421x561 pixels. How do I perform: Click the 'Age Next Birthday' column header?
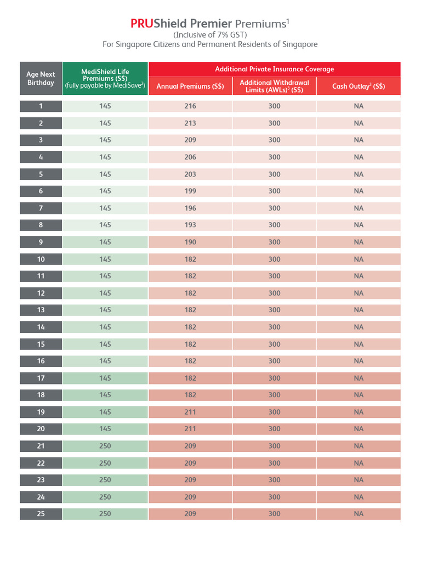pyautogui.click(x=41, y=78)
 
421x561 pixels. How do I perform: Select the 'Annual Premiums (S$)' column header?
pyautogui.click(x=190, y=86)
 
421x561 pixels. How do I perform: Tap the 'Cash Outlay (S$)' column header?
pyautogui.click(x=359, y=86)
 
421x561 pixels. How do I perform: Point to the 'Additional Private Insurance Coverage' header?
pyautogui.click(x=274, y=69)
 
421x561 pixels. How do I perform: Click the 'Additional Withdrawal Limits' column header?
pyautogui.click(x=275, y=86)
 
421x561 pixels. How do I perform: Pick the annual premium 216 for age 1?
pyautogui.click(x=190, y=106)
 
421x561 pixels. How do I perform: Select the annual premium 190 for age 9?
pyautogui.click(x=190, y=242)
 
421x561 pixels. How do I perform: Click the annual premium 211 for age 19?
pyautogui.click(x=190, y=412)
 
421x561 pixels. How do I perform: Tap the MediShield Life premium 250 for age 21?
pyautogui.click(x=105, y=446)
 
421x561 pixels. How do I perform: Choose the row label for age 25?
pyautogui.click(x=41, y=514)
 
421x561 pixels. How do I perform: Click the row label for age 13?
pyautogui.click(x=41, y=310)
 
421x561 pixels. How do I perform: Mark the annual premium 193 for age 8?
pyautogui.click(x=190, y=225)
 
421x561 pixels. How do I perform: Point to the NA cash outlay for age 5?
pyautogui.click(x=359, y=174)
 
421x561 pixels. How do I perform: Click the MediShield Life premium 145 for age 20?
pyautogui.click(x=105, y=429)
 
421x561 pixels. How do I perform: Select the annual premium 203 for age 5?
pyautogui.click(x=190, y=174)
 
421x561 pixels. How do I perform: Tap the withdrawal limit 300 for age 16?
pyautogui.click(x=275, y=361)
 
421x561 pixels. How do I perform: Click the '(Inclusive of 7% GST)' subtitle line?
pyautogui.click(x=210, y=35)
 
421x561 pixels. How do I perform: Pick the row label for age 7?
pyautogui.click(x=41, y=208)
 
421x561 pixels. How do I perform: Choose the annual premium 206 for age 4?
pyautogui.click(x=190, y=157)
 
